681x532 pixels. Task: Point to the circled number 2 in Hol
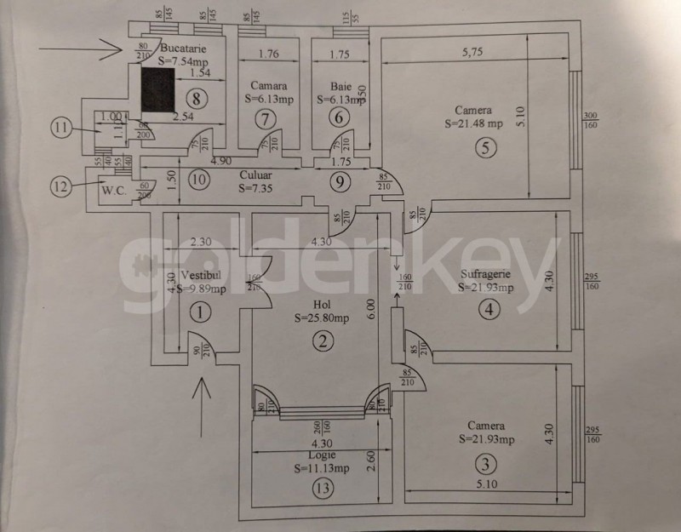click(x=321, y=342)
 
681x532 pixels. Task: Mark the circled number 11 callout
click(x=59, y=129)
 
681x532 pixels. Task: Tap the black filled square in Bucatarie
click(x=157, y=89)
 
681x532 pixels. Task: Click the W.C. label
click(x=112, y=190)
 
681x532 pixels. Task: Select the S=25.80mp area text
click(x=321, y=319)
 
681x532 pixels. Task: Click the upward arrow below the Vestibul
click(x=202, y=400)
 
